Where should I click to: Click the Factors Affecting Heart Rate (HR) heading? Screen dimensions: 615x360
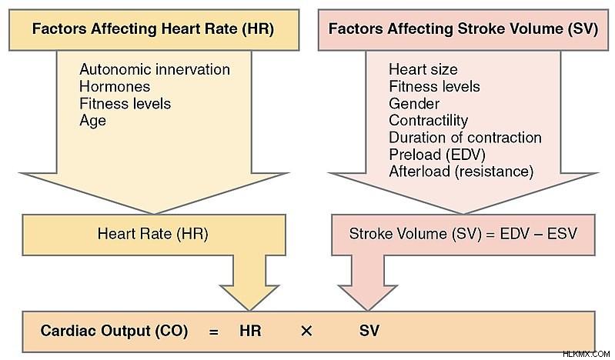pos(153,29)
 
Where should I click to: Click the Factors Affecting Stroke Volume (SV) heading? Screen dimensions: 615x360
pos(463,29)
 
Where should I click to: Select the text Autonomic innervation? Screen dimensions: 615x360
pos(155,69)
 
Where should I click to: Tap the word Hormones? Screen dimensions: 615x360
pos(115,87)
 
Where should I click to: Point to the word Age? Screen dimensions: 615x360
pos(92,121)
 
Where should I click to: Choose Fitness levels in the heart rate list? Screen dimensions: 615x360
pos(125,104)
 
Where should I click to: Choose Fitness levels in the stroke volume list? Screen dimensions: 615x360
pos(434,87)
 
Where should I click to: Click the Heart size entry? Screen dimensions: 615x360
pos(423,69)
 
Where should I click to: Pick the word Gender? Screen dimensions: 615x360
pos(414,104)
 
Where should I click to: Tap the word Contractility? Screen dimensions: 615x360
pos(428,121)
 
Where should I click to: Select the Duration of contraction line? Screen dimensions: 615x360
pos(465,138)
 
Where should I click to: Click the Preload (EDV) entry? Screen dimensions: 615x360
pos(437,155)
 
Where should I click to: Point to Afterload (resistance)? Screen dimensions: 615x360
pos(461,172)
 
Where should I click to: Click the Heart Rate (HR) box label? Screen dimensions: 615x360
pos(153,234)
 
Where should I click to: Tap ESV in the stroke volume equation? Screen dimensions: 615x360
pos(562,234)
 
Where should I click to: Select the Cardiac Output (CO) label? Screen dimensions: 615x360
pos(114,331)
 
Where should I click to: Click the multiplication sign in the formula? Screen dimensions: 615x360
pos(306,332)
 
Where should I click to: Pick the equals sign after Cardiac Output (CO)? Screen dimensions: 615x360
pos(213,332)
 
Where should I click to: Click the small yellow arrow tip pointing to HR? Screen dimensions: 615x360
pos(249,310)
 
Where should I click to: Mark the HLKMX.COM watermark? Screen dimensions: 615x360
pos(586,354)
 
